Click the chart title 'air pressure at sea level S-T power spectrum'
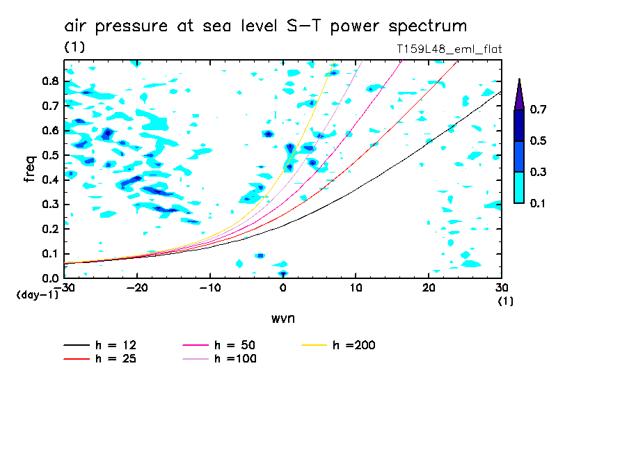click(x=265, y=26)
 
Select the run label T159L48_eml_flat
click(x=447, y=49)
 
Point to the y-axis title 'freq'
click(x=29, y=169)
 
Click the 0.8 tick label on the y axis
click(x=49, y=81)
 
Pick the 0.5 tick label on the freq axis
click(x=49, y=155)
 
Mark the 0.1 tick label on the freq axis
click(x=49, y=254)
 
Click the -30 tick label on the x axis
click(x=65, y=287)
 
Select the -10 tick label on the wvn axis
click(x=210, y=287)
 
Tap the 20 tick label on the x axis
click(x=429, y=287)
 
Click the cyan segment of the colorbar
click(x=519, y=187)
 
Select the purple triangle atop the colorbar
click(x=519, y=95)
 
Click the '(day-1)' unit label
click(x=37, y=295)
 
